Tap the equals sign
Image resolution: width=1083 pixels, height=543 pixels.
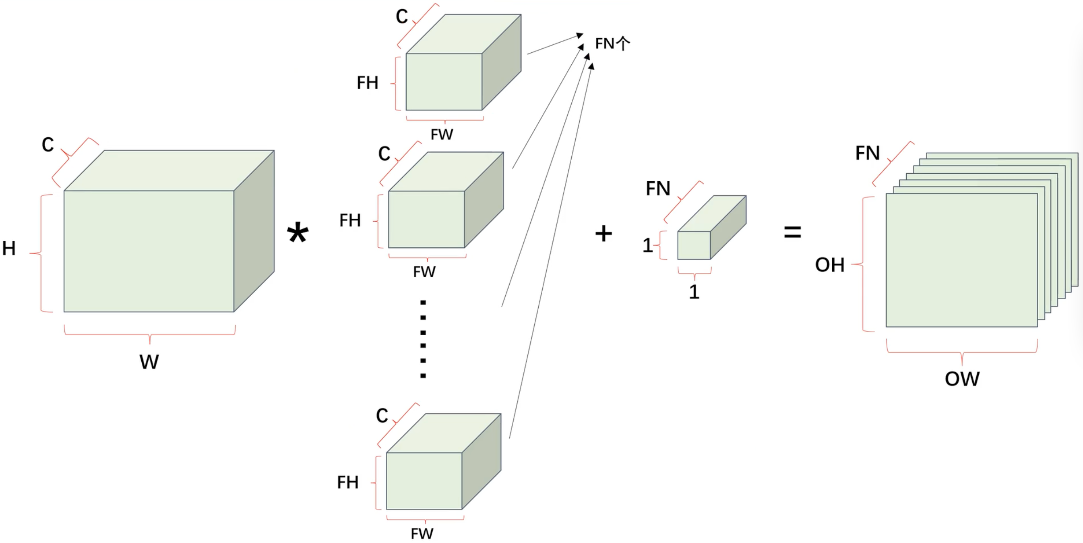pyautogui.click(x=792, y=232)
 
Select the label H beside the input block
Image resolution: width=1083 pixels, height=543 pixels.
pyautogui.click(x=9, y=248)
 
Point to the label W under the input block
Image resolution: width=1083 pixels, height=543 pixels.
pyautogui.click(x=149, y=362)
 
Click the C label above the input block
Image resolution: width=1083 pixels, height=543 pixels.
pyautogui.click(x=48, y=145)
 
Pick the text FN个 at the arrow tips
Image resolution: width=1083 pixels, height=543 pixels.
pyautogui.click(x=612, y=44)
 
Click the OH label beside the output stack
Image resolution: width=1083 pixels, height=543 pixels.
pyautogui.click(x=829, y=265)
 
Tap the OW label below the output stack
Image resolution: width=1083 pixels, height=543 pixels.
pyautogui.click(x=962, y=379)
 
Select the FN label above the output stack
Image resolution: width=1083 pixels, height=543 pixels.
pyautogui.click(x=867, y=153)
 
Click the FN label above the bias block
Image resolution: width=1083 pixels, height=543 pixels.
pyautogui.click(x=658, y=189)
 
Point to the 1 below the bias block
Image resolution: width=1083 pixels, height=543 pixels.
pyautogui.click(x=694, y=292)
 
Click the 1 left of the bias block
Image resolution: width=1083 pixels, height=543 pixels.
pyautogui.click(x=647, y=245)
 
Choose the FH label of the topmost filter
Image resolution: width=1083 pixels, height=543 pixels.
pyautogui.click(x=368, y=83)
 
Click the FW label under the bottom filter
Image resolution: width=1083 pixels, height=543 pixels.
pyautogui.click(x=422, y=534)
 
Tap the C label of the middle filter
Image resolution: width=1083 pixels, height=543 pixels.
pyautogui.click(x=384, y=153)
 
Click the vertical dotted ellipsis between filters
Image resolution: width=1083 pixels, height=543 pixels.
pyautogui.click(x=423, y=339)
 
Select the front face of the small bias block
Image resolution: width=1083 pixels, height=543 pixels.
pyautogui.click(x=694, y=245)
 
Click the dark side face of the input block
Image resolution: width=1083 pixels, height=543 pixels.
pyautogui.click(x=254, y=231)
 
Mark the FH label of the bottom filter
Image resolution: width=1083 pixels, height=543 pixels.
pyautogui.click(x=348, y=482)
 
